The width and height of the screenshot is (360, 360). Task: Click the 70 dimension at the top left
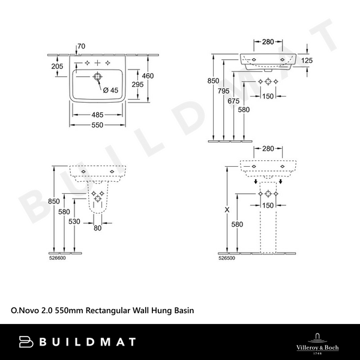[x=81, y=46]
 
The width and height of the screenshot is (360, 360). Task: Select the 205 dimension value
[x=57, y=67]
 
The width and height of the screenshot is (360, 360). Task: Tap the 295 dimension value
[x=137, y=85]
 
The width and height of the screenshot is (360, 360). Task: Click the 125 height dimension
[x=307, y=61]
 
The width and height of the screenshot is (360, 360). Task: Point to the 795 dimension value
[x=223, y=91]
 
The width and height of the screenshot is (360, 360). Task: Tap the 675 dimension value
[x=233, y=101]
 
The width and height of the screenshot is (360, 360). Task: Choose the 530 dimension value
[x=74, y=221]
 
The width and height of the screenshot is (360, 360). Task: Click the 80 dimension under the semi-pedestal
[x=98, y=227]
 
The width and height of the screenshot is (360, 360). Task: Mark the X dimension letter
[x=226, y=210]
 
